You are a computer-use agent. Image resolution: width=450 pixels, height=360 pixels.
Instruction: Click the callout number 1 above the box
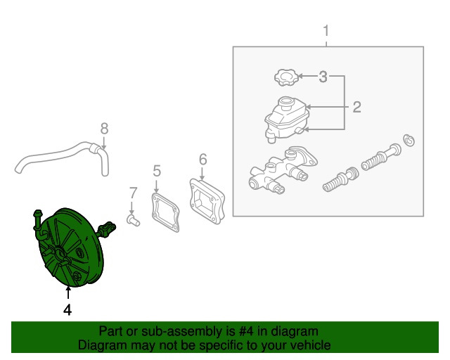(x=326, y=31)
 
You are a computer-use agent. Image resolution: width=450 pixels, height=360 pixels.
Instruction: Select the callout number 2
(x=356, y=107)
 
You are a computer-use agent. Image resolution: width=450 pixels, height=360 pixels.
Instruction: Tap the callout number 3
(x=323, y=77)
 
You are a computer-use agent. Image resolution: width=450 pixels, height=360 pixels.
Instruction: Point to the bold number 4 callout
(x=67, y=310)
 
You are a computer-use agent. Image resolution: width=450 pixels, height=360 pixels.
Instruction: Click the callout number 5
(x=157, y=171)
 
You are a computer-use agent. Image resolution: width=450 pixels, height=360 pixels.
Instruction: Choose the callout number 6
(x=203, y=159)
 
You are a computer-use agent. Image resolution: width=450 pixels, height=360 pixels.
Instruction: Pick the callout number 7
(x=133, y=193)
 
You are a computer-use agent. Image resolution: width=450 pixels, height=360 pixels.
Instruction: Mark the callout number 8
(x=105, y=129)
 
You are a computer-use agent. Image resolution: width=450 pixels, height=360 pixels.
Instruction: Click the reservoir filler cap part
(x=286, y=77)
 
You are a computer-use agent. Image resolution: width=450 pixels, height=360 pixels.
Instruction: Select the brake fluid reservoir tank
(x=286, y=119)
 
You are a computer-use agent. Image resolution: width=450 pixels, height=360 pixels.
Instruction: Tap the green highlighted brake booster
(x=72, y=247)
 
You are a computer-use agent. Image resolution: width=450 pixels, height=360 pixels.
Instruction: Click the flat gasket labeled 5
(x=165, y=212)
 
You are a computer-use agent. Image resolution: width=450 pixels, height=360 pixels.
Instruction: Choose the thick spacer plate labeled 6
(x=207, y=202)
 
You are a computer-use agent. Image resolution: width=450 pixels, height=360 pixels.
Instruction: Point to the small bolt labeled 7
(x=133, y=220)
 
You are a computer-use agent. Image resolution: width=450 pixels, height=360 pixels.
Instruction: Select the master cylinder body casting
(x=283, y=170)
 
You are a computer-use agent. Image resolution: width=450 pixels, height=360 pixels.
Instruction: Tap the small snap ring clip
(x=409, y=141)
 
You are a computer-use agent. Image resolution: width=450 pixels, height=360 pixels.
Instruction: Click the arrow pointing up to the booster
(x=68, y=292)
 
